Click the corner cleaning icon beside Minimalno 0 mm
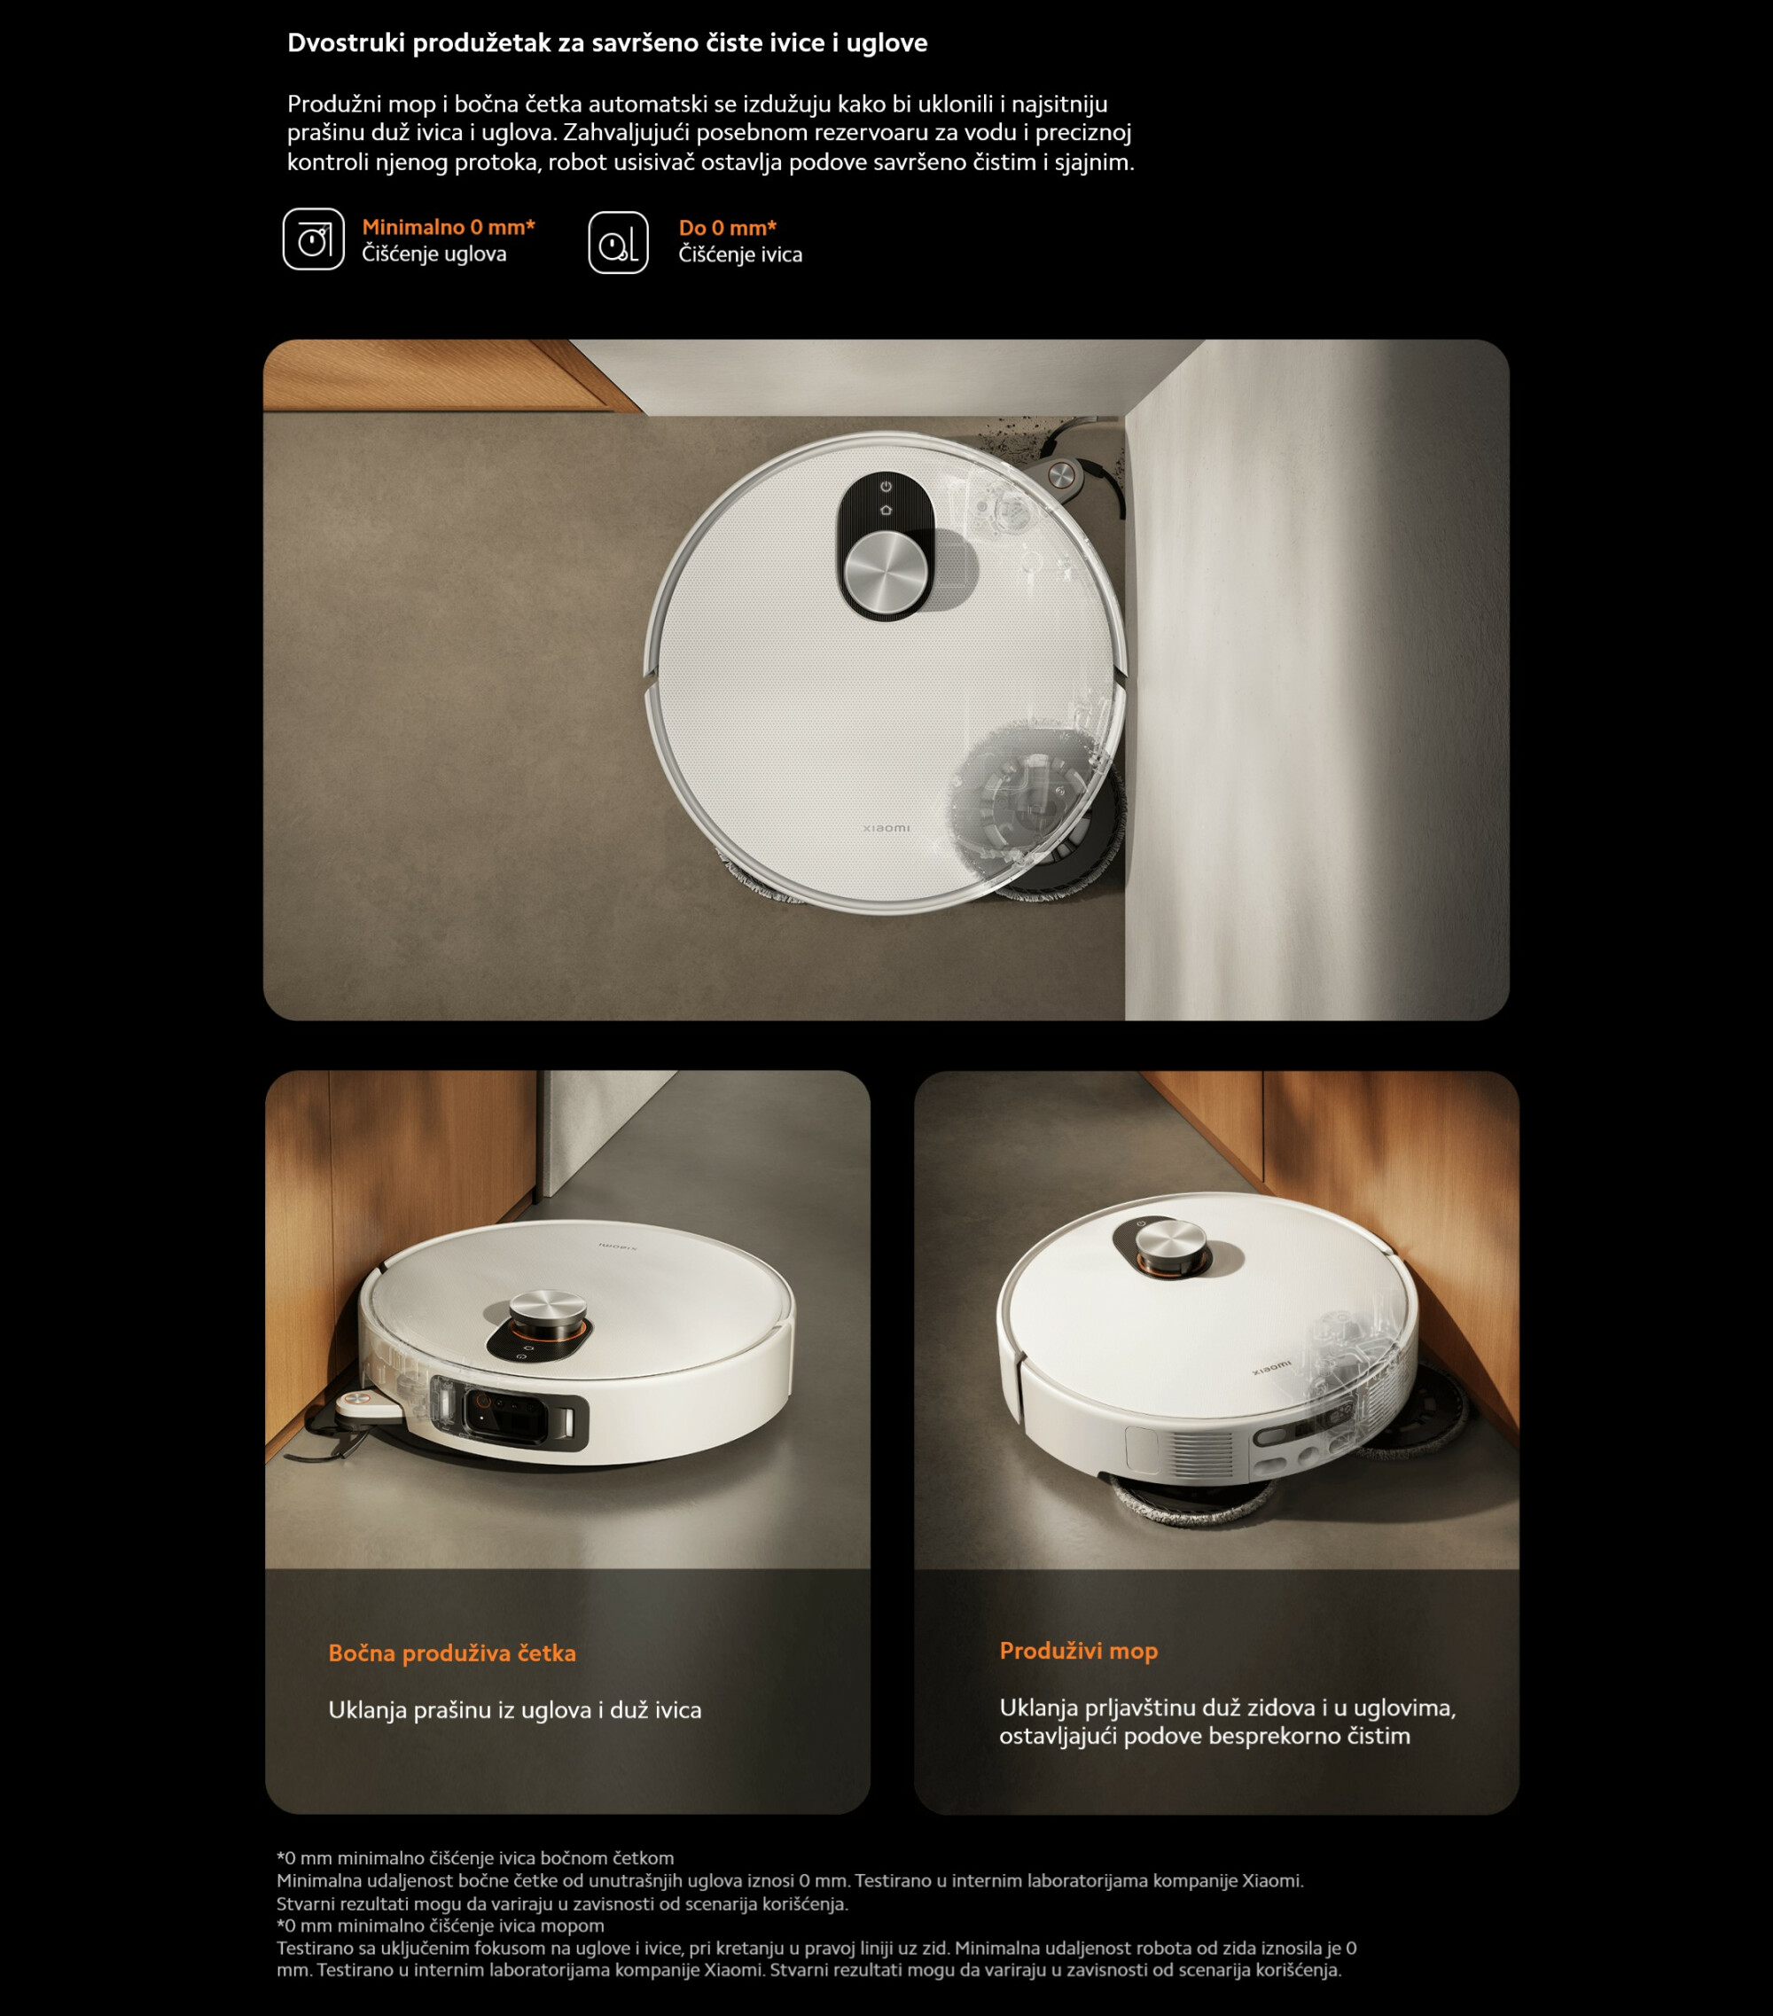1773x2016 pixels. [x=314, y=238]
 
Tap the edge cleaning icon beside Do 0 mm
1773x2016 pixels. [x=618, y=242]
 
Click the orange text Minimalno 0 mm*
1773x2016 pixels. [x=449, y=227]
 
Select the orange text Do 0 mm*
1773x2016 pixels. [x=728, y=228]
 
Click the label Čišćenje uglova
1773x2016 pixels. [x=433, y=254]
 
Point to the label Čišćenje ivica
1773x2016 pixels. [x=740, y=255]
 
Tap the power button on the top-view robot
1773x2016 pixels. [x=886, y=486]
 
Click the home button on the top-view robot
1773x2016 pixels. [x=886, y=510]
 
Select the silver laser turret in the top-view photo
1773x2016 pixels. [x=886, y=572]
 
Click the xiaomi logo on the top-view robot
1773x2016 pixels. [x=886, y=829]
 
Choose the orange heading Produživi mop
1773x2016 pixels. [x=1079, y=1651]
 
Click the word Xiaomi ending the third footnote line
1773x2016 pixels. [x=1272, y=1881]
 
